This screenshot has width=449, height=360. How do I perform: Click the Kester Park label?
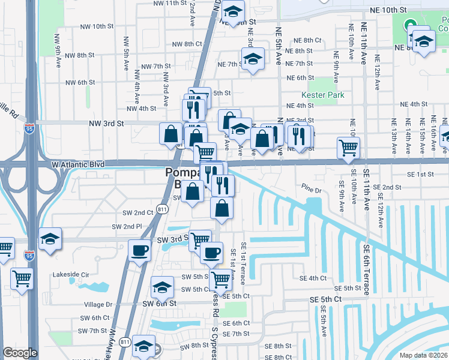[x=323, y=95]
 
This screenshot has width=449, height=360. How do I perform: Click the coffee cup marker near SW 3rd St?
[x=139, y=250]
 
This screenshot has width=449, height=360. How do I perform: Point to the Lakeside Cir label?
[x=70, y=274]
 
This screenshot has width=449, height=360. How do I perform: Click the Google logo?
[x=20, y=353]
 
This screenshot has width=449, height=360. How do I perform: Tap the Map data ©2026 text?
[x=424, y=355]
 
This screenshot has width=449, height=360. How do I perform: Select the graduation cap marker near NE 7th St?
[x=253, y=59]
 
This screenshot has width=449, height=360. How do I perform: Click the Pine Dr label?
[x=312, y=190]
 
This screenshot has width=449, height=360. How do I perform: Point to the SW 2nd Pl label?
[x=127, y=226]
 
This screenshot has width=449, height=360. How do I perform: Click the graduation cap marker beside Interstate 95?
[x=50, y=239]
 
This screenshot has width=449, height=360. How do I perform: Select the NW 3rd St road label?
[x=106, y=123]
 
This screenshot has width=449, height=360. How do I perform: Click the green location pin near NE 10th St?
[x=411, y=26]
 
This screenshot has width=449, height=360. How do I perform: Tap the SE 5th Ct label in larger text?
[x=325, y=299]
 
